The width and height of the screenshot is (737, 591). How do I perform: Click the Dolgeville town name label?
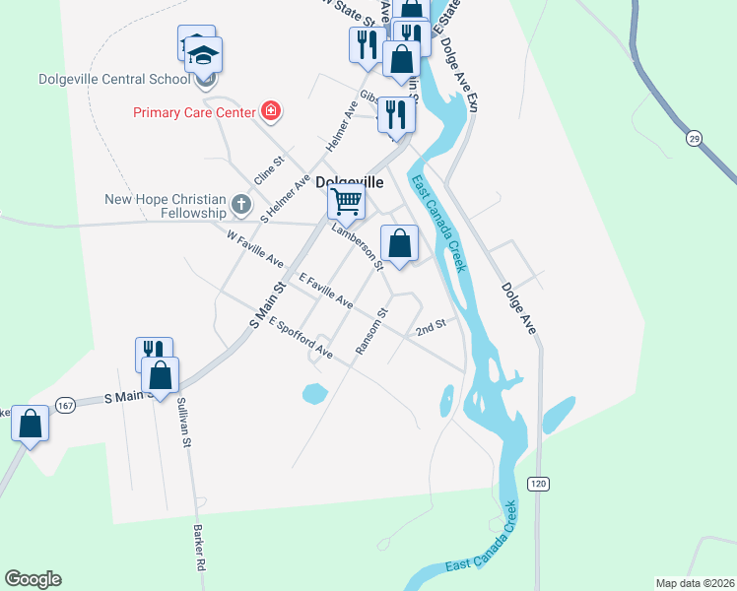[x=349, y=181]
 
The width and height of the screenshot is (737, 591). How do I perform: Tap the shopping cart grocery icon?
[x=346, y=202]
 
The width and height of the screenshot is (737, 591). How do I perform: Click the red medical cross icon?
[x=270, y=110]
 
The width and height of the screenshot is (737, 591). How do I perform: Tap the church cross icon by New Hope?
[x=241, y=206]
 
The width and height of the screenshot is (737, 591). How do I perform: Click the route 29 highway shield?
[x=695, y=140]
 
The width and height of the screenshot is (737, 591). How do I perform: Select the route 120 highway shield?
[x=537, y=484]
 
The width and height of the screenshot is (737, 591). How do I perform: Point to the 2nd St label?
[x=431, y=325]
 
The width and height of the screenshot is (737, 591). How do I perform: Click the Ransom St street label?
[x=372, y=331]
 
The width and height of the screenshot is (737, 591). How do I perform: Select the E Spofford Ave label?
[x=300, y=336]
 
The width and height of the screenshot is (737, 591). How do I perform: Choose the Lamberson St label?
[x=357, y=246]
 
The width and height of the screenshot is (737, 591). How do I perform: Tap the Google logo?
[x=33, y=579]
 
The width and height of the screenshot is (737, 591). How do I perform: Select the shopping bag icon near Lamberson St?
[x=400, y=242]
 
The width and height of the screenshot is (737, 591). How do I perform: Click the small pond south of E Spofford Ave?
[x=314, y=394]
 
